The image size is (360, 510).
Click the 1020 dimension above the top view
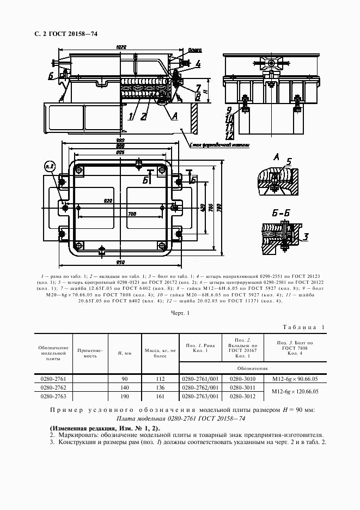121,47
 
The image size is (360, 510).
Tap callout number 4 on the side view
198,64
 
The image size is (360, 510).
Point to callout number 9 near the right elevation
229,109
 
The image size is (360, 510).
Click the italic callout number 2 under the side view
143,116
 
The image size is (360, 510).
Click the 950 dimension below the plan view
121,262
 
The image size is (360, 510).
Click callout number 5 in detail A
289,161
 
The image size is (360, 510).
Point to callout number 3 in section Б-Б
306,236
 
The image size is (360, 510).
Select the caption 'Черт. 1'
180,313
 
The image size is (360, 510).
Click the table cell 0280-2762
53,387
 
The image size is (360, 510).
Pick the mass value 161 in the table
160,396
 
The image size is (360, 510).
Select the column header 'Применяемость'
90,353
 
